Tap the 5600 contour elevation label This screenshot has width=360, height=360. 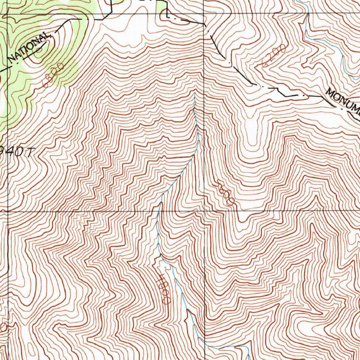226,193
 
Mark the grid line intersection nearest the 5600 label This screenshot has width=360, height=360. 204,211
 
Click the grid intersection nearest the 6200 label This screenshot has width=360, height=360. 204,14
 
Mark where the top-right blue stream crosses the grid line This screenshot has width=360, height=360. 308,14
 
